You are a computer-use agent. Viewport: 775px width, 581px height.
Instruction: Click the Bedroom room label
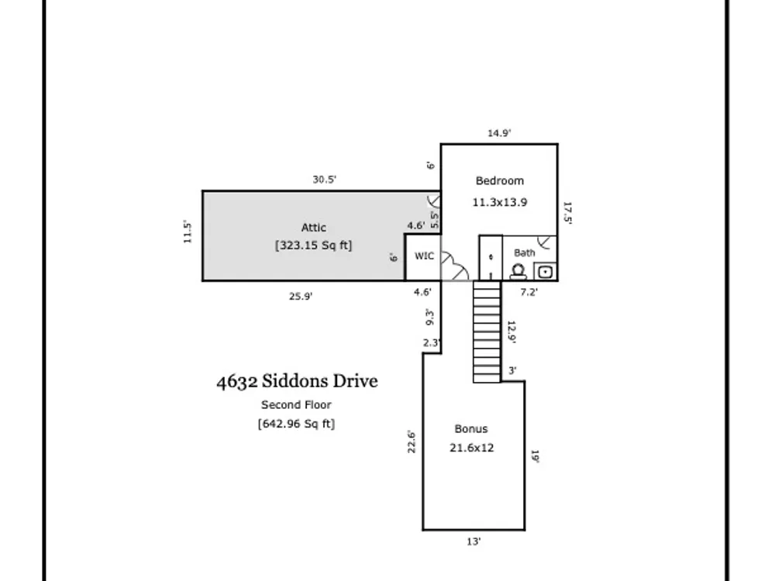pos(500,180)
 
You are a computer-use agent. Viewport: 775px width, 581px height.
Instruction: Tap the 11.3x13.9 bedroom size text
pos(500,202)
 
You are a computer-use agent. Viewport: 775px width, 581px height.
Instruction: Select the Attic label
pos(313,228)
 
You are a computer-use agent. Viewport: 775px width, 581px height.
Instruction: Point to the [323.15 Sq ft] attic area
pos(313,246)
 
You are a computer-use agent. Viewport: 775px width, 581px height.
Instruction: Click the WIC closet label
pos(424,256)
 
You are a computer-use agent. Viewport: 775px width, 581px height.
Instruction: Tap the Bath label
pos(525,253)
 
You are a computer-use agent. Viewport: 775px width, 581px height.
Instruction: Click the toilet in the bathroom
pos(518,272)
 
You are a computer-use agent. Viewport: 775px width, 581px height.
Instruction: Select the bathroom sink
pos(545,272)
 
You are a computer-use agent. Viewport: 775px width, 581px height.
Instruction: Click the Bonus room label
pos(471,429)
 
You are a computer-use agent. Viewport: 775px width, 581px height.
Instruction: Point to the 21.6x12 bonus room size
pos(471,448)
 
